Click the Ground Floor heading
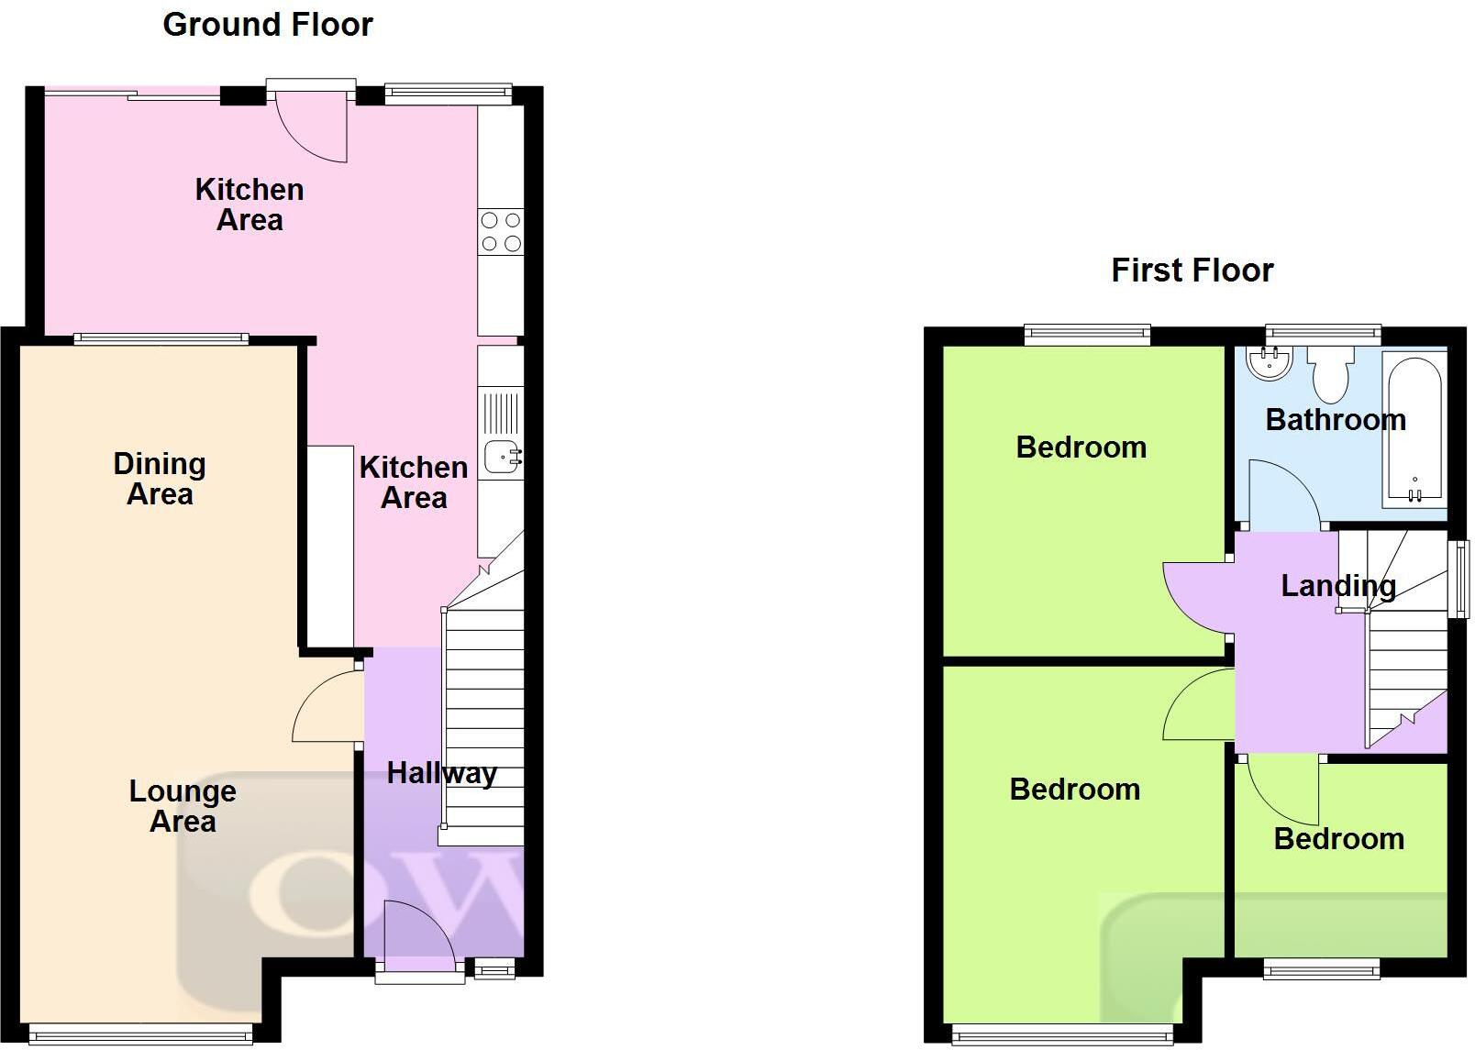pyautogui.click(x=268, y=25)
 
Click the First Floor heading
pyautogui.click(x=1192, y=271)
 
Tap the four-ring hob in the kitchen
pyautogui.click(x=501, y=232)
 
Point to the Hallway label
pyautogui.click(x=441, y=773)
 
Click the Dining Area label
pyautogui.click(x=160, y=479)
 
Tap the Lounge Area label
pyautogui.click(x=183, y=806)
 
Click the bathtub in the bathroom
pyautogui.click(x=1414, y=431)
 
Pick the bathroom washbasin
pyautogui.click(x=1270, y=362)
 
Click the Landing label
pyautogui.click(x=1338, y=586)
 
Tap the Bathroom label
pyautogui.click(x=1336, y=420)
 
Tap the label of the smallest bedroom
pyautogui.click(x=1339, y=839)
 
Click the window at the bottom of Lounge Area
pyautogui.click(x=140, y=1034)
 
